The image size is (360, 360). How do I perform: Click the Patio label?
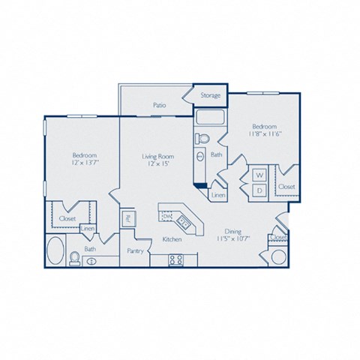click(159, 106)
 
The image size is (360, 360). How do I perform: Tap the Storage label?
click(211, 95)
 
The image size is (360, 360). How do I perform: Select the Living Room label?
click(158, 157)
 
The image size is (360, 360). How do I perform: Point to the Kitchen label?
click(173, 239)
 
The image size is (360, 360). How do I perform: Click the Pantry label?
click(135, 250)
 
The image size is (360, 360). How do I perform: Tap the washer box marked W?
click(259, 175)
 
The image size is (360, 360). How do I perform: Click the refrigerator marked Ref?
click(128, 219)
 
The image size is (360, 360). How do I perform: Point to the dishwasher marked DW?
click(167, 217)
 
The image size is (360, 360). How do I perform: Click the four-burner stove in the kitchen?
click(177, 260)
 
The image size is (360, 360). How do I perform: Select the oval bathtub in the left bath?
click(56, 251)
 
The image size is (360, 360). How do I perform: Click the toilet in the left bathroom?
click(74, 259)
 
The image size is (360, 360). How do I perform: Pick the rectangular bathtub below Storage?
click(211, 117)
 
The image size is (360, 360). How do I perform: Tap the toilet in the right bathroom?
click(202, 139)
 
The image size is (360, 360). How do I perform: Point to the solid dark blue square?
click(199, 184)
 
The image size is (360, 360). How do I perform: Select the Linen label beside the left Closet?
click(88, 228)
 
